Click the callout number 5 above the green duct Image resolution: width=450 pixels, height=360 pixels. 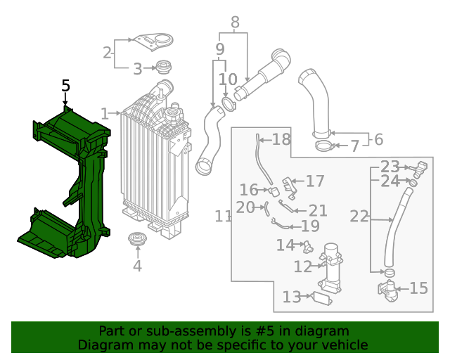[65, 86]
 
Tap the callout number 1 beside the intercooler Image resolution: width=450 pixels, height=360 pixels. [105, 113]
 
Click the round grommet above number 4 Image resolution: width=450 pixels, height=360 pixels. [136, 240]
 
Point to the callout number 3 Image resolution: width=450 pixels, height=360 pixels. [138, 69]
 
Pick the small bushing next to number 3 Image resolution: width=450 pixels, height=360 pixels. [164, 68]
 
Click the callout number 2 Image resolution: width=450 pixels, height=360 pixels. [108, 52]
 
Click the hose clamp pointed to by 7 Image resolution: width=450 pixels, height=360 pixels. [323, 146]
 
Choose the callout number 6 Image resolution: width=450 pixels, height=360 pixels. [378, 139]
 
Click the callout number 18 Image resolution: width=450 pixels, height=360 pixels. [281, 139]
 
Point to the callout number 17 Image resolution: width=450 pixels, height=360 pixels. [314, 181]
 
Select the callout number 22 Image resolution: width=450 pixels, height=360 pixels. [359, 217]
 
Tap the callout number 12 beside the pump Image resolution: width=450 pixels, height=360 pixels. [302, 267]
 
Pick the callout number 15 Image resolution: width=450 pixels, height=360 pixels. [418, 288]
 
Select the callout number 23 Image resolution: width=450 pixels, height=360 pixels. [390, 167]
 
